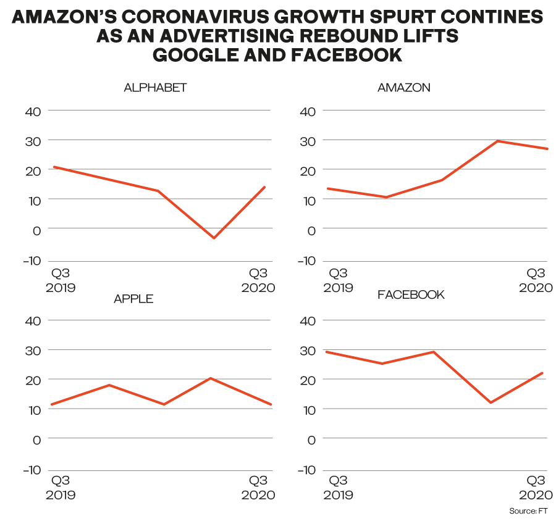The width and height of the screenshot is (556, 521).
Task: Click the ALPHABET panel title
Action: click(x=155, y=88)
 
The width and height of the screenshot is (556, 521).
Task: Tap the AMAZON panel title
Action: click(x=404, y=88)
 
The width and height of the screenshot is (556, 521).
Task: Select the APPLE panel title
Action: click(x=133, y=299)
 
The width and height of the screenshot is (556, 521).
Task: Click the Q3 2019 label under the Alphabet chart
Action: click(x=60, y=280)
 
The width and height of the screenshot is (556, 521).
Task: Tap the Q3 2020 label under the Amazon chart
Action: click(x=535, y=280)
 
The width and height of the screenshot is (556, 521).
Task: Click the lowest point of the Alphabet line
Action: click(x=214, y=238)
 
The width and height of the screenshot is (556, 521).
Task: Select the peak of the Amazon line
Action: click(x=497, y=141)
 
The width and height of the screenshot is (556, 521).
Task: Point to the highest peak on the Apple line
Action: click(x=211, y=378)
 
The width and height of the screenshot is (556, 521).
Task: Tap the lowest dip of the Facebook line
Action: click(x=491, y=402)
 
